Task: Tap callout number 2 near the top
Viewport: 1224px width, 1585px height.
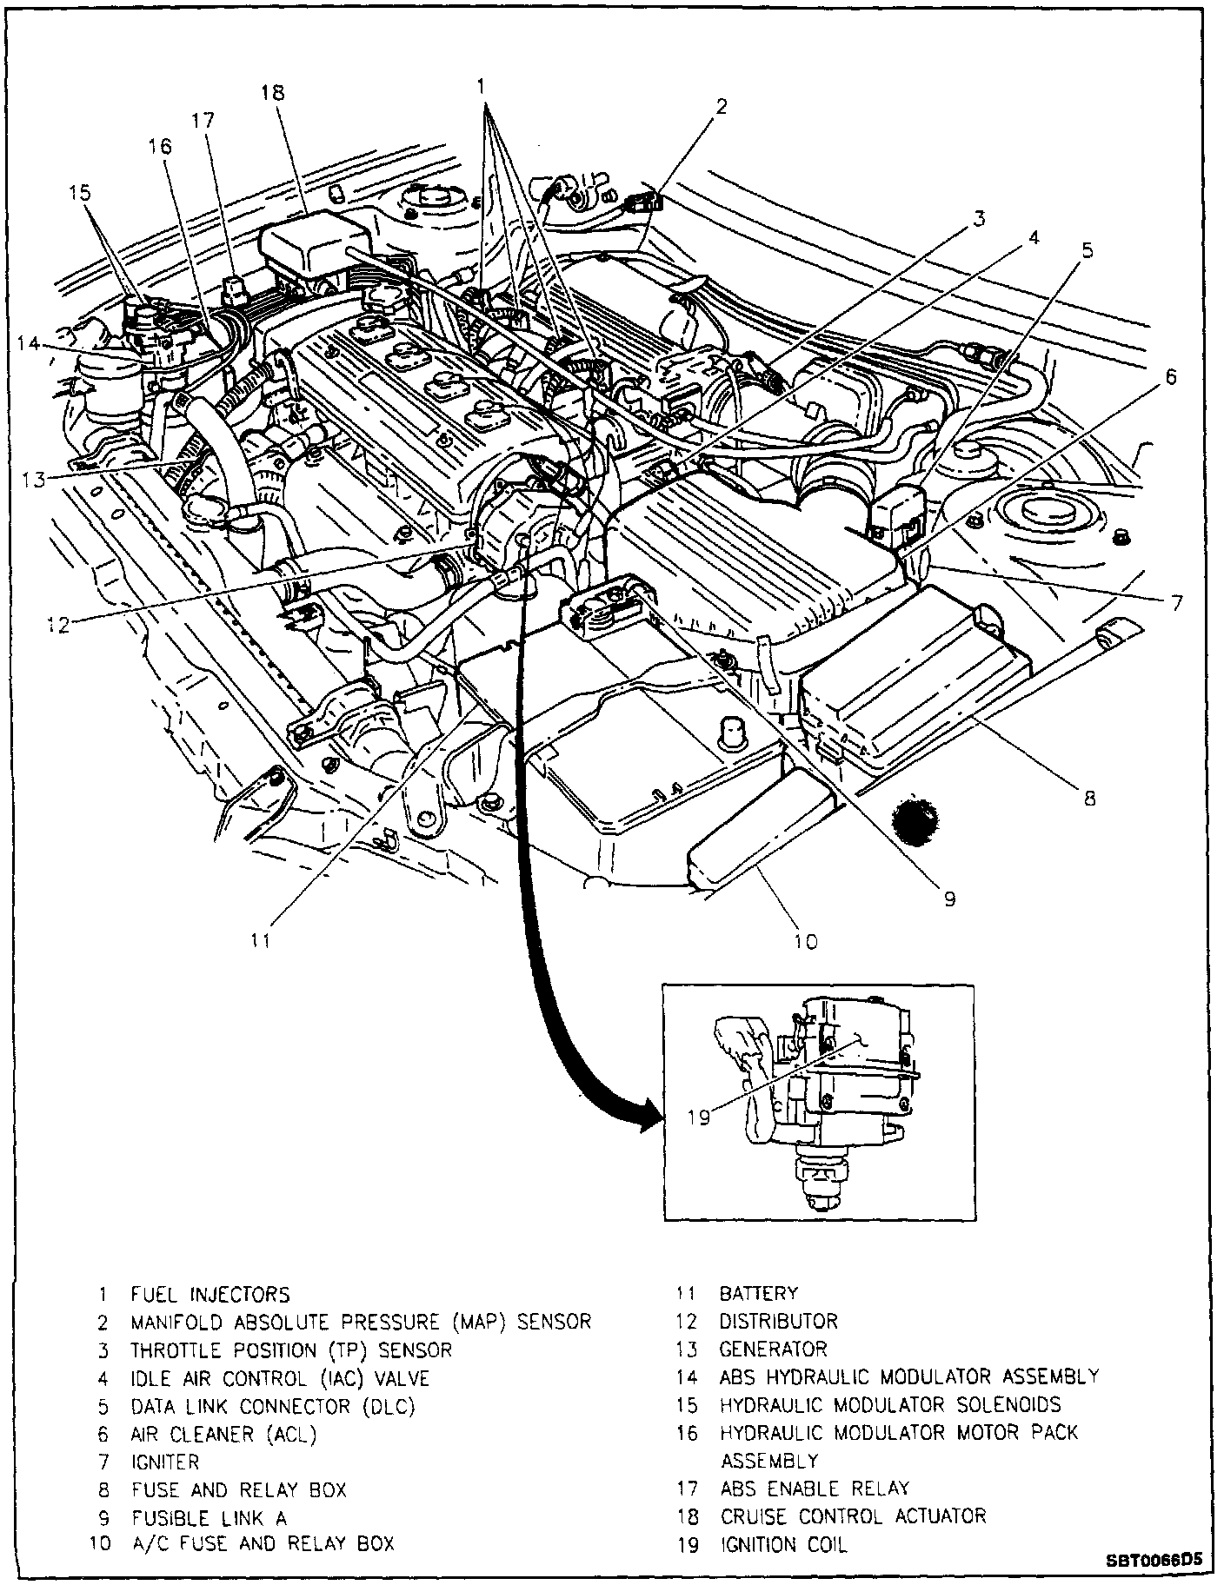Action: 721,107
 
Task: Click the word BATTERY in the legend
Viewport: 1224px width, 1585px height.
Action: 758,1293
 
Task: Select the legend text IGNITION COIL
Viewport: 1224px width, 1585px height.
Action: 782,1544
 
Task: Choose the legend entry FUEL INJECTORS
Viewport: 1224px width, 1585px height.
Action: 210,1294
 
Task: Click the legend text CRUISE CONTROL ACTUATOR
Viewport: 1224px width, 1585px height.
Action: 853,1516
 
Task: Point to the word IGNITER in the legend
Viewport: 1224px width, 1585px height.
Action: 164,1462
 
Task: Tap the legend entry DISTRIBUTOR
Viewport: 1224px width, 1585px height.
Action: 778,1321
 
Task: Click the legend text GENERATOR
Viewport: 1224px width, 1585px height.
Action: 773,1349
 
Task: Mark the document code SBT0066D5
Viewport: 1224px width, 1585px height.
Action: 1154,1560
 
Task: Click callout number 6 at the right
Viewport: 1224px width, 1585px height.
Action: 1171,377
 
